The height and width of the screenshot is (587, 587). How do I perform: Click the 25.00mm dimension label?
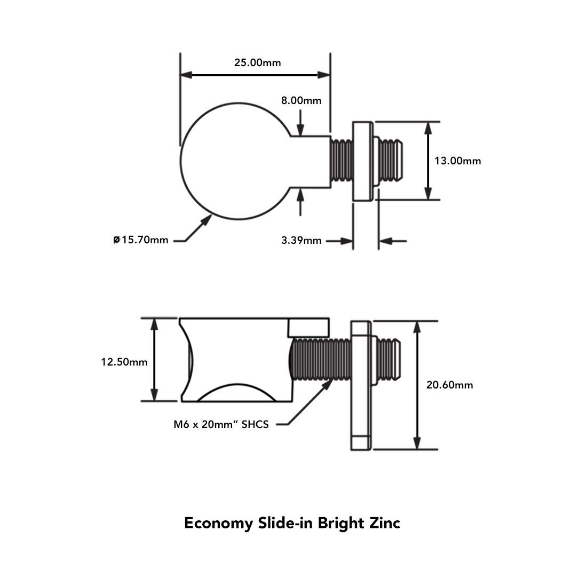(258, 62)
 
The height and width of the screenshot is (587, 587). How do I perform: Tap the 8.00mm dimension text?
(302, 100)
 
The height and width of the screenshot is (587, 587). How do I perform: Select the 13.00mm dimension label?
(457, 161)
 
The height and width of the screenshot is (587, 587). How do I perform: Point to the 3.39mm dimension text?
(302, 240)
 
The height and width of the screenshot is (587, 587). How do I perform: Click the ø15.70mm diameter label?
(141, 240)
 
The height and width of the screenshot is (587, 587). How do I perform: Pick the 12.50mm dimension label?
(124, 362)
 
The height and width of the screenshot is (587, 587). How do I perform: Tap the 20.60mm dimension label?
(450, 385)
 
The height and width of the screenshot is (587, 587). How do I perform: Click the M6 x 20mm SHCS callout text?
(221, 424)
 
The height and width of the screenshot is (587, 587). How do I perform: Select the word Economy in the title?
(219, 523)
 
